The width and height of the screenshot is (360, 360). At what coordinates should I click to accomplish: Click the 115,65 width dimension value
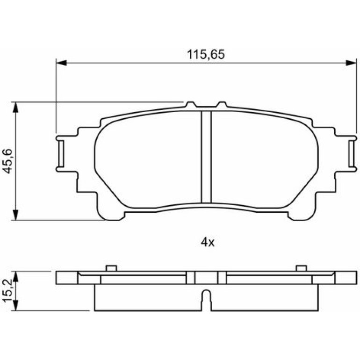pyautogui.click(x=206, y=55)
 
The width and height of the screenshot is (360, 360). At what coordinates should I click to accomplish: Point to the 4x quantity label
pyautogui.click(x=208, y=242)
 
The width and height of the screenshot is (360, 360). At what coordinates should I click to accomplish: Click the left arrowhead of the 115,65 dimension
pyautogui.click(x=61, y=63)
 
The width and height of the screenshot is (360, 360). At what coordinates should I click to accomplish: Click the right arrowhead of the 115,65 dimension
pyautogui.click(x=351, y=63)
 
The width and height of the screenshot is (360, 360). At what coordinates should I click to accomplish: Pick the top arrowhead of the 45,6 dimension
pyautogui.click(x=15, y=107)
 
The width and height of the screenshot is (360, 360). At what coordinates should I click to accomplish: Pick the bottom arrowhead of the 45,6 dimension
pyautogui.click(x=15, y=215)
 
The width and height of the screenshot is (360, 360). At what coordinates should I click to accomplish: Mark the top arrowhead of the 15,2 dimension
pyautogui.click(x=15, y=276)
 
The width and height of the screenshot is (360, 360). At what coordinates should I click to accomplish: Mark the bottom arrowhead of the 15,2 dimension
pyautogui.click(x=15, y=305)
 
